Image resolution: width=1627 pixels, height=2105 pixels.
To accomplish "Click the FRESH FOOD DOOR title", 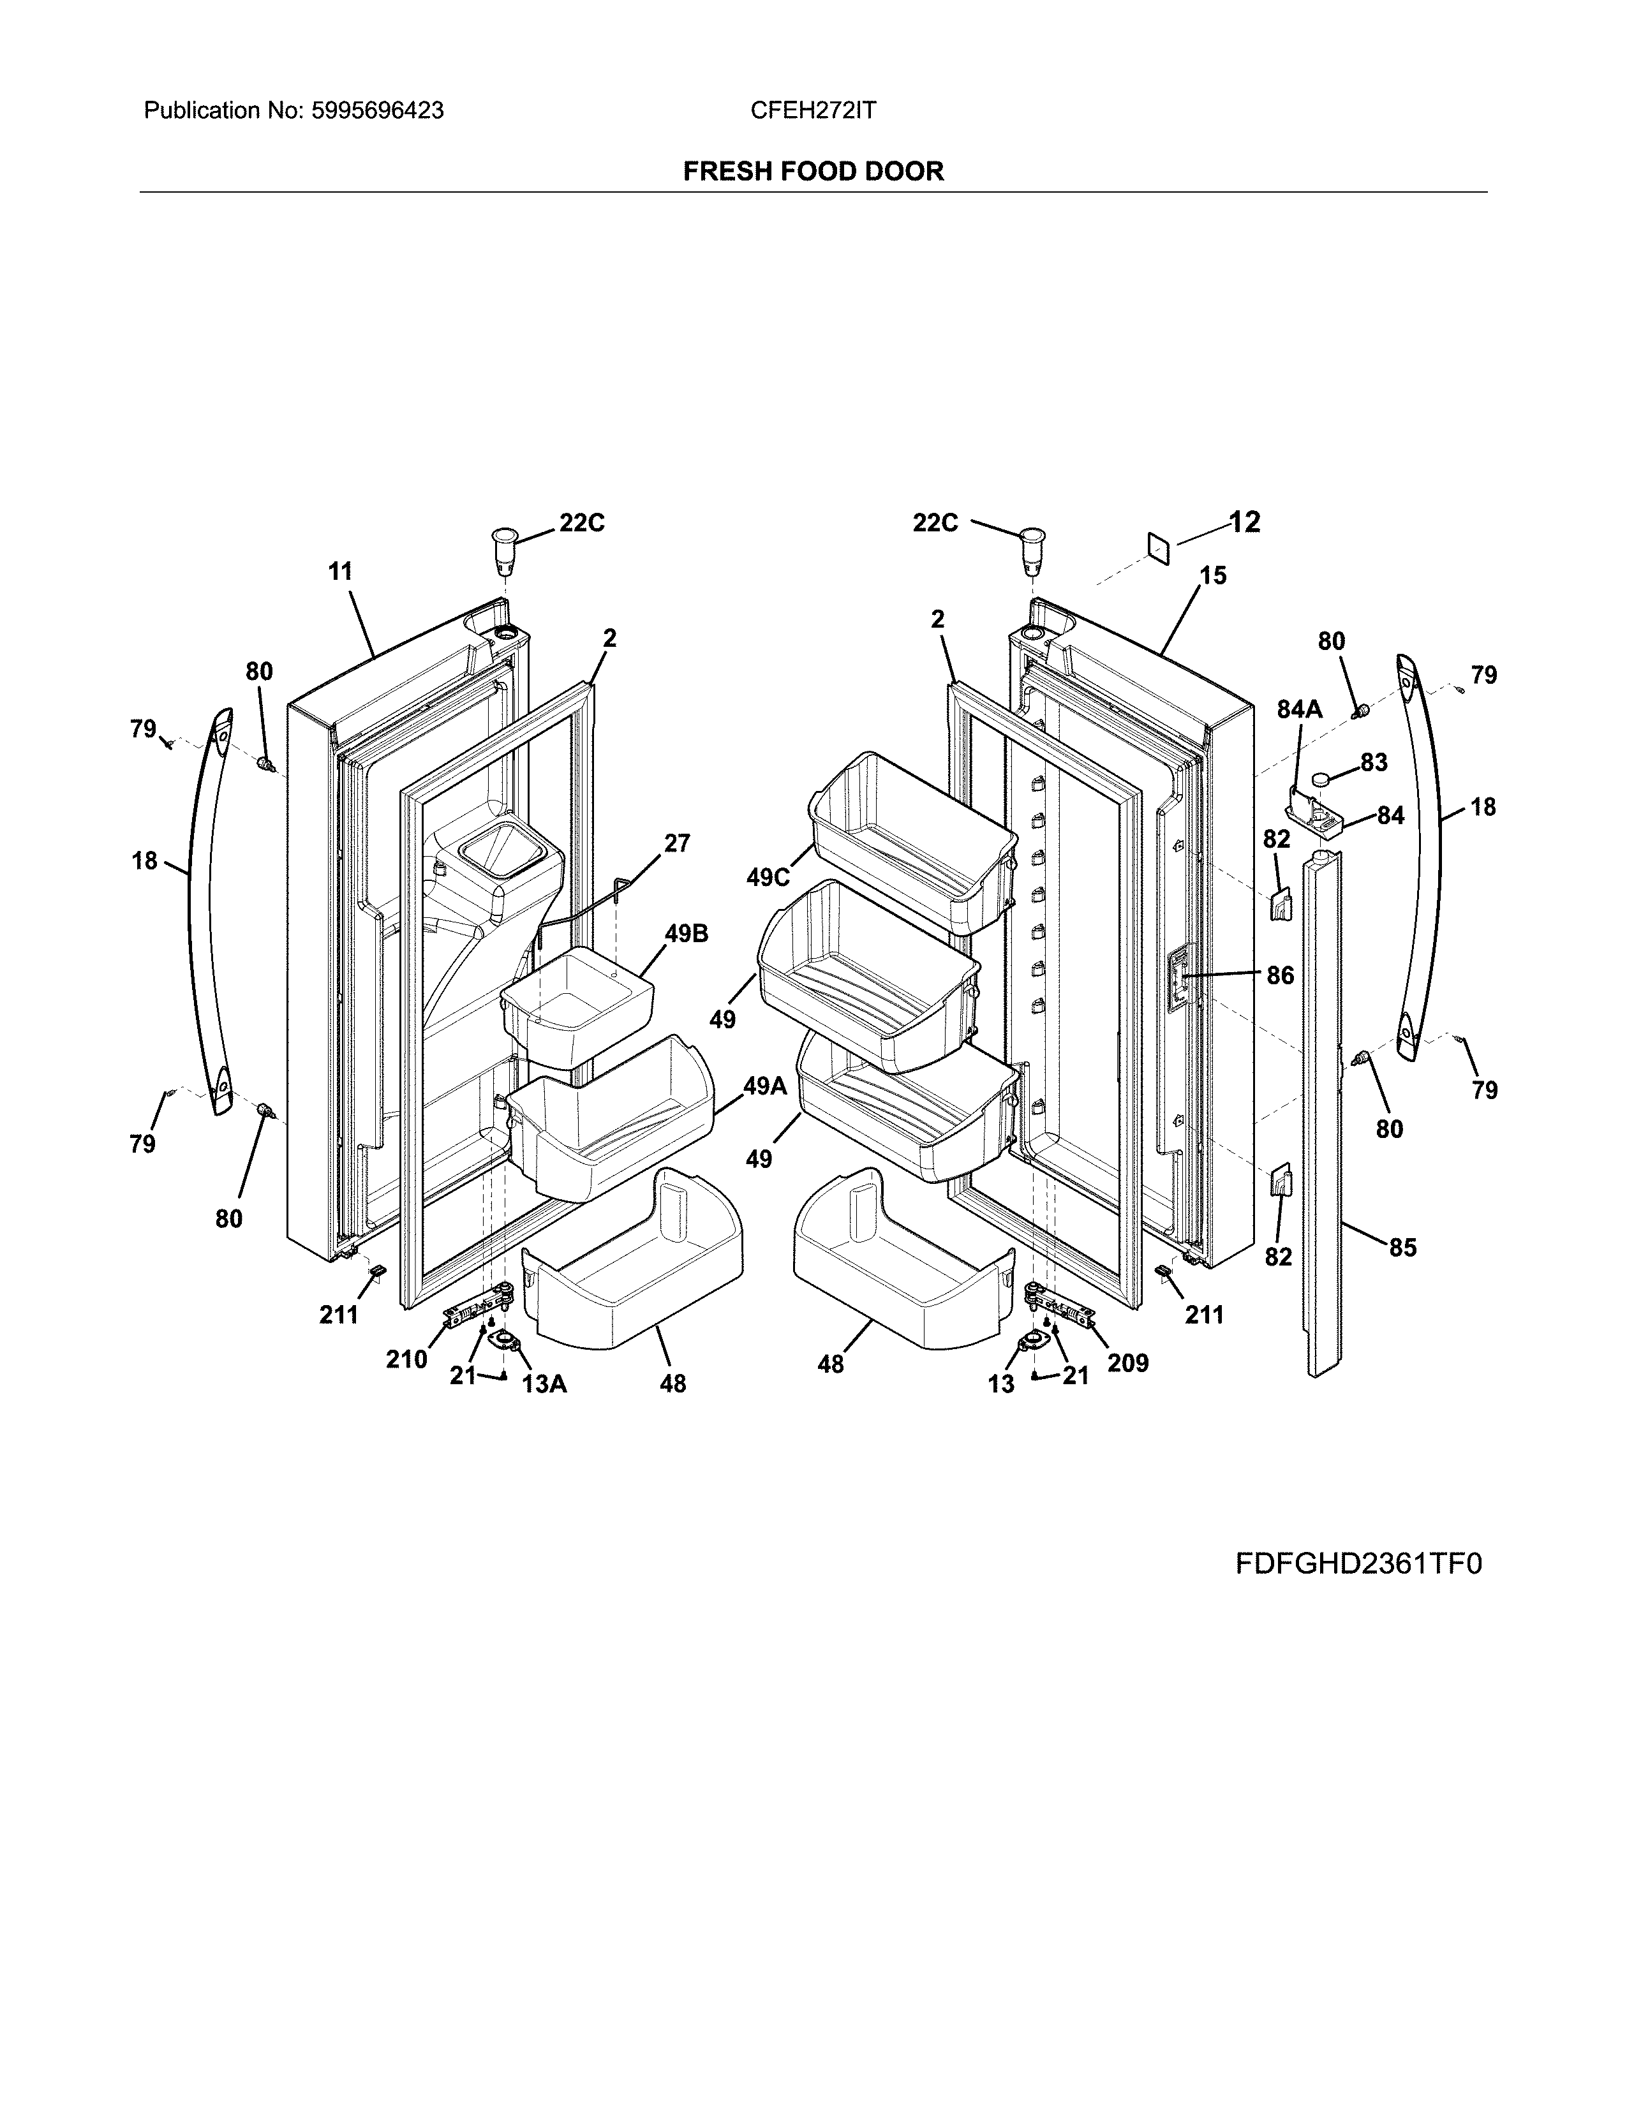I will pyautogui.click(x=812, y=172).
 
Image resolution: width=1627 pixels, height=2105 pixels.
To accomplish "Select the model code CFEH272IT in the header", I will pyautogui.click(x=812, y=111).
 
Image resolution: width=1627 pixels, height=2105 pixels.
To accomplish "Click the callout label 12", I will pyautogui.click(x=1244, y=522).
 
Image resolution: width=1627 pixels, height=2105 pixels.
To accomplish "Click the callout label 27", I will pyautogui.click(x=676, y=843).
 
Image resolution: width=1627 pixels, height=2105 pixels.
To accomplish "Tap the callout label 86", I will pyautogui.click(x=1279, y=975).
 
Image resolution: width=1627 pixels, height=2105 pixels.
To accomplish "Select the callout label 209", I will pyautogui.click(x=1127, y=1363).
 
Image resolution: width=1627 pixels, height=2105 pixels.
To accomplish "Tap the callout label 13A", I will pyautogui.click(x=544, y=1384).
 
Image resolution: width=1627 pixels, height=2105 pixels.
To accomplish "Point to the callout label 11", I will pyautogui.click(x=340, y=572).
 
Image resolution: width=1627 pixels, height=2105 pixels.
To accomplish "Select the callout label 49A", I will pyautogui.click(x=764, y=1086).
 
